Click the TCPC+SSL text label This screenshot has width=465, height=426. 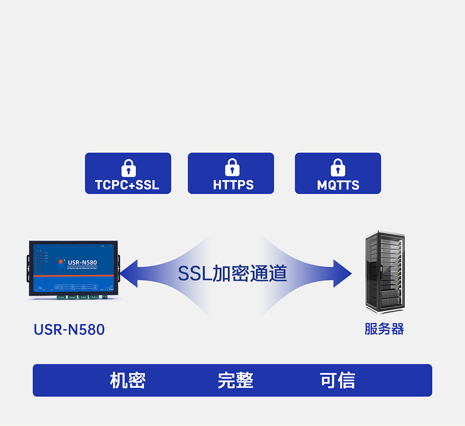tap(127, 185)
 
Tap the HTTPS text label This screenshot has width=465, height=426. tap(233, 185)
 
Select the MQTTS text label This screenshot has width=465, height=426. tap(338, 185)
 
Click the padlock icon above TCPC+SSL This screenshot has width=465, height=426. tap(128, 168)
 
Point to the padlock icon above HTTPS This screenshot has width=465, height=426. tap(232, 167)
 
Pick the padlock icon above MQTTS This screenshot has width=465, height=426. tap(338, 167)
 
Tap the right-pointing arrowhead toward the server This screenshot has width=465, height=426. tap(342, 273)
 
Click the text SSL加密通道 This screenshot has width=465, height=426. tap(232, 273)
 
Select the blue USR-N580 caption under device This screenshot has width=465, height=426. tap(69, 330)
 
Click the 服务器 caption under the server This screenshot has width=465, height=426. tap(384, 329)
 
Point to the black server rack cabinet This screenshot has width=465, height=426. tap(384, 272)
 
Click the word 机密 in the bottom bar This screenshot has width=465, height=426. tap(128, 380)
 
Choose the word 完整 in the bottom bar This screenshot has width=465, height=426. tap(235, 380)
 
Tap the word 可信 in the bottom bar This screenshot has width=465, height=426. tap(337, 380)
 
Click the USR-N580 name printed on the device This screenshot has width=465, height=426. tap(82, 262)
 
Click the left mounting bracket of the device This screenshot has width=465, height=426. tap(26, 268)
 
